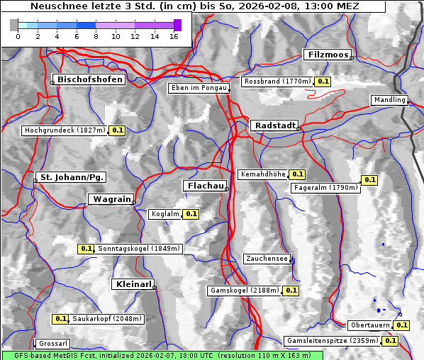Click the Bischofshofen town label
coord(91,79)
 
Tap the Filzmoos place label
coord(327,55)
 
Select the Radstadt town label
coord(273,125)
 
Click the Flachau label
coord(205,186)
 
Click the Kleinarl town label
coord(133,284)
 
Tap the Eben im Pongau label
coord(198,88)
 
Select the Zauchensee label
coord(267,259)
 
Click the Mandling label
coord(389,100)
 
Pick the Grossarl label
coord(52,344)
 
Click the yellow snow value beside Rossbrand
coord(323,81)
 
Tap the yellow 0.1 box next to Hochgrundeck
coord(117,130)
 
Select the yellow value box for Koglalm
coord(191,213)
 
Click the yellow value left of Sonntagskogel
coord(86,249)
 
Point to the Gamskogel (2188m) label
coord(245,291)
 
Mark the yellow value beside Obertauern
coord(402,325)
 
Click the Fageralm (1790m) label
coord(325,188)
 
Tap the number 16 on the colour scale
coord(174,35)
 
